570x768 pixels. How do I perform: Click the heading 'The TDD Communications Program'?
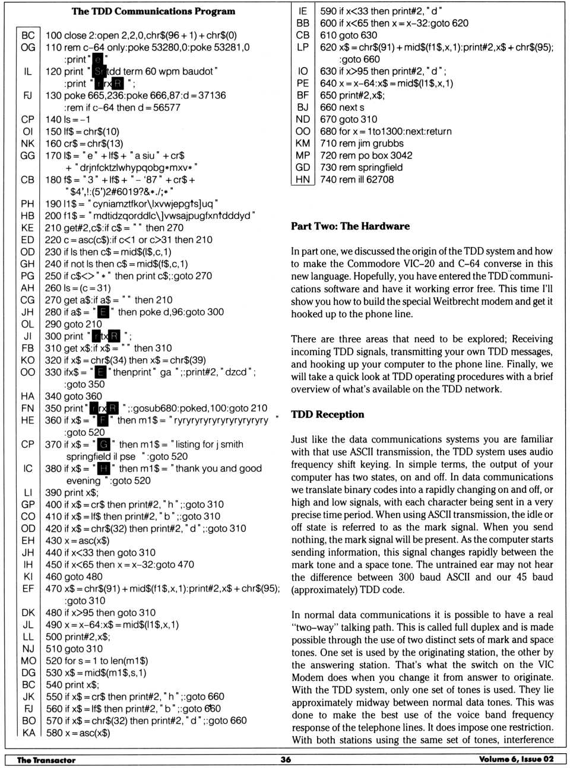(x=153, y=11)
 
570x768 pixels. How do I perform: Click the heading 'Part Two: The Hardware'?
(x=350, y=226)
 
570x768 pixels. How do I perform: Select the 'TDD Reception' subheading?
(x=327, y=415)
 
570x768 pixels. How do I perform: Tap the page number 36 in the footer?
(x=286, y=760)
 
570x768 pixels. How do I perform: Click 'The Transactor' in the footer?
(x=46, y=760)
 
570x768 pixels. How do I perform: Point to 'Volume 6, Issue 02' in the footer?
(x=516, y=760)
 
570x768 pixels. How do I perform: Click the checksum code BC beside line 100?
(x=28, y=35)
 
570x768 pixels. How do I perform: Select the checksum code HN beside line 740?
(x=303, y=179)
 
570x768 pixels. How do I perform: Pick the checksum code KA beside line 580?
(x=28, y=732)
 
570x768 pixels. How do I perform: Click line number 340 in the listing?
(x=53, y=396)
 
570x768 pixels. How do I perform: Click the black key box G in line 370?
(x=104, y=444)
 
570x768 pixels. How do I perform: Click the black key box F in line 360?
(x=103, y=420)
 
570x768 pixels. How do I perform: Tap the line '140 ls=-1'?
(x=68, y=119)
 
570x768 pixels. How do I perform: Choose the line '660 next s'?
(x=342, y=107)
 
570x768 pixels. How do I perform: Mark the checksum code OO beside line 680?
(x=303, y=131)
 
